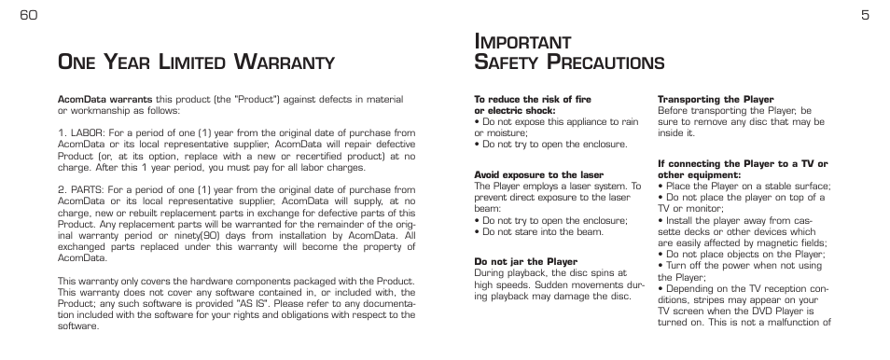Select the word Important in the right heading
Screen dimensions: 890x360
(522, 42)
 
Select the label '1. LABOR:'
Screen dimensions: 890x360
(81, 133)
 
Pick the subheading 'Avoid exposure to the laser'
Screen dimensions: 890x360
(538, 175)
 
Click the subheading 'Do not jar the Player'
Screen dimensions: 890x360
(525, 262)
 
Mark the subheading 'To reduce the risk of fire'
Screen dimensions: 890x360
(533, 99)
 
